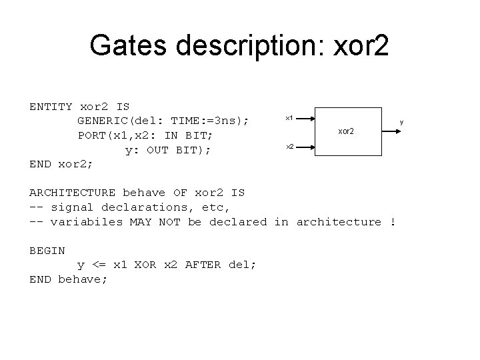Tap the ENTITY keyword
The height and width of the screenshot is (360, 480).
point(51,107)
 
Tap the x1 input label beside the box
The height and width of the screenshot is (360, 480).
point(289,118)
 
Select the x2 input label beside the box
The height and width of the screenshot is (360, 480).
point(289,146)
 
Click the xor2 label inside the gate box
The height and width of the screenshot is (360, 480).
point(346,131)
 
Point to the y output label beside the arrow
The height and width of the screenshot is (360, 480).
point(402,121)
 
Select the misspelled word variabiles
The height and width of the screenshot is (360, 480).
point(87,222)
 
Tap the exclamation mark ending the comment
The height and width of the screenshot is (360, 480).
point(393,222)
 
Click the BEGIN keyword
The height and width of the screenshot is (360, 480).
point(47,251)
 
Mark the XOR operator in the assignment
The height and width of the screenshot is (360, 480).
point(145,265)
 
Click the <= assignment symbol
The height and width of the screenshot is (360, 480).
point(99,265)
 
